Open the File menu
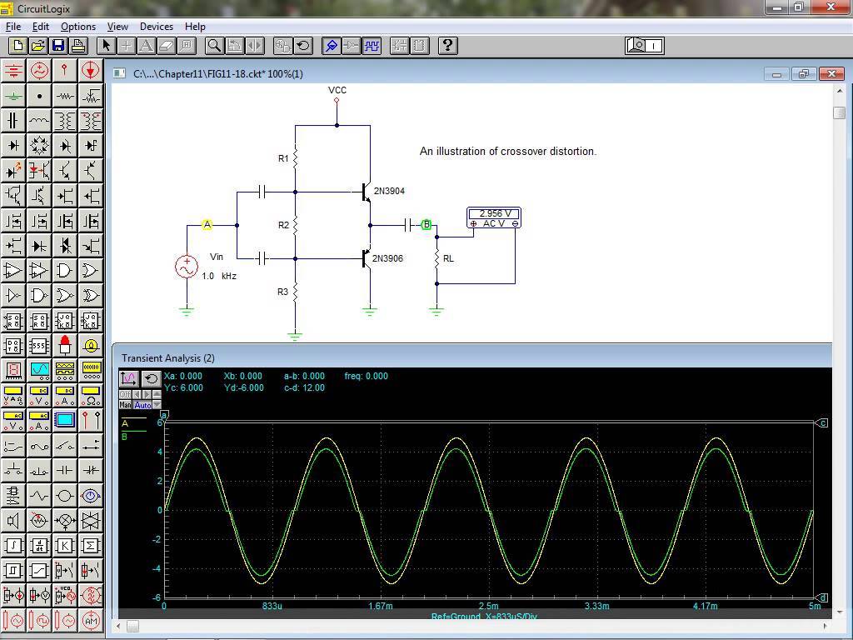tap(13, 27)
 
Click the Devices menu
tap(157, 27)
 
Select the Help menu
tap(195, 27)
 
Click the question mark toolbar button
tap(447, 45)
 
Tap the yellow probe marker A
tap(207, 225)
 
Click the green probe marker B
tap(426, 225)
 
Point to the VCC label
tap(337, 90)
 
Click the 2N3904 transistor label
tap(389, 191)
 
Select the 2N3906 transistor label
tap(387, 258)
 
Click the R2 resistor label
tap(283, 225)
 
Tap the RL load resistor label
tap(448, 258)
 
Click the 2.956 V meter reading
tap(495, 213)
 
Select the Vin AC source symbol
tap(187, 267)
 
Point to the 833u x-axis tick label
tap(272, 606)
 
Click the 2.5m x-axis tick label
tap(488, 606)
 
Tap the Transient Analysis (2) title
tap(168, 357)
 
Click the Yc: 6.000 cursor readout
tap(183, 387)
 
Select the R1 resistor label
tap(283, 158)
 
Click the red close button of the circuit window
tap(831, 74)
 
